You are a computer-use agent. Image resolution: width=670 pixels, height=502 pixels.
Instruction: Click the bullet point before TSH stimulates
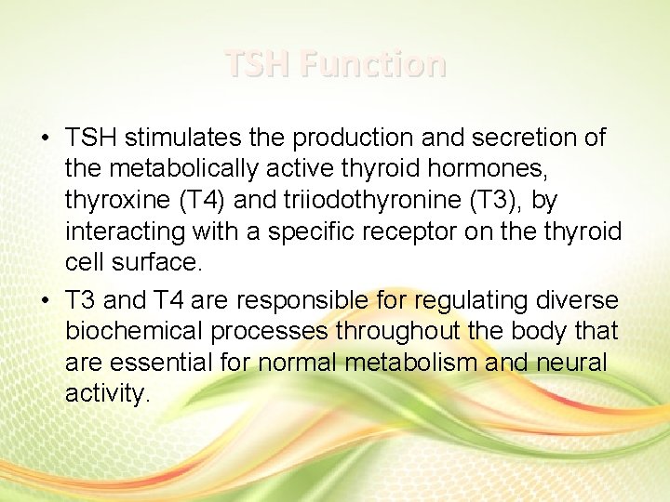45,139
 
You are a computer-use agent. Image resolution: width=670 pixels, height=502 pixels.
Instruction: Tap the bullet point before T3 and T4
45,299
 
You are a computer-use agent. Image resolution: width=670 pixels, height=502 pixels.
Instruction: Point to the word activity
106,394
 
